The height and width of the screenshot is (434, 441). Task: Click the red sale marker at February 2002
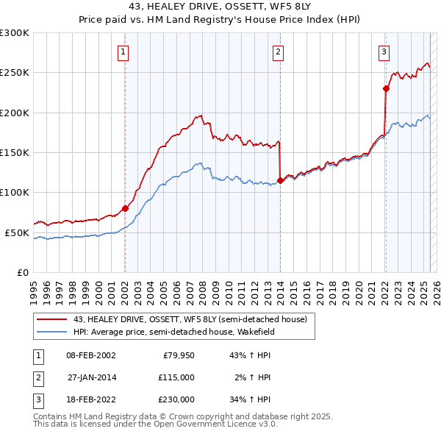click(x=125, y=208)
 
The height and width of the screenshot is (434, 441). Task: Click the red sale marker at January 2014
click(x=280, y=180)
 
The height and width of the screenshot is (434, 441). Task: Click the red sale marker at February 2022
click(x=385, y=88)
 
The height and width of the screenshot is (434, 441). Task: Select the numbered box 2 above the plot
click(x=279, y=51)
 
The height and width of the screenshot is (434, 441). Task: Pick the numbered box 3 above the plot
click(x=384, y=51)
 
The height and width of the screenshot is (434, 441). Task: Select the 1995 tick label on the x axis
click(x=34, y=290)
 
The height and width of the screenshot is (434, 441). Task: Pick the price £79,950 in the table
click(x=176, y=355)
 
